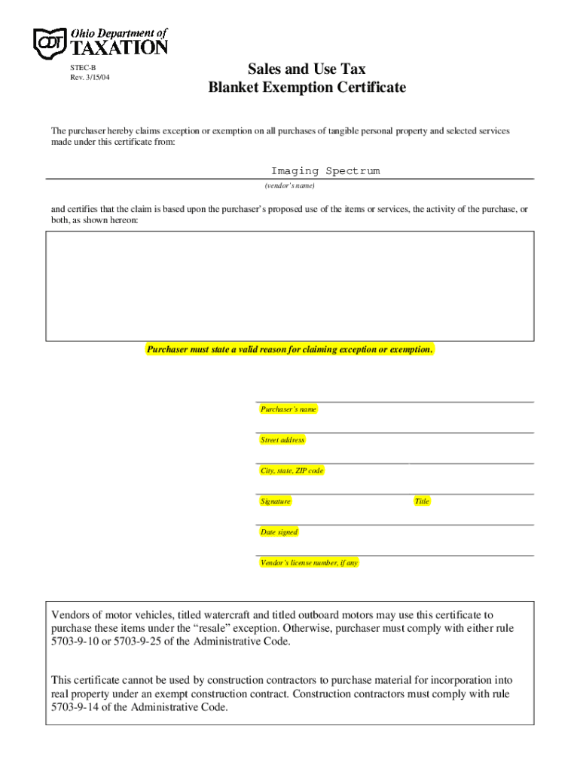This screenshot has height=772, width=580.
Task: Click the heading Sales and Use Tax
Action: pos(307,69)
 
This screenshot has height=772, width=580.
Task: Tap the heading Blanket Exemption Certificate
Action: pos(307,87)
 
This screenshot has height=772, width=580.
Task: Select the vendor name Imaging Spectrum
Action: pos(325,171)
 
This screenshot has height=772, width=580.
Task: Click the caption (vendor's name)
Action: pos(289,185)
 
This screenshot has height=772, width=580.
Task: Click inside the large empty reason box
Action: pos(290,286)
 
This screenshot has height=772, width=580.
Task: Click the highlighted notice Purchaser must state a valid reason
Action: pos(290,350)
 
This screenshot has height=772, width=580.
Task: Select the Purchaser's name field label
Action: pos(288,409)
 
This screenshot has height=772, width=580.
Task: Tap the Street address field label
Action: pos(282,440)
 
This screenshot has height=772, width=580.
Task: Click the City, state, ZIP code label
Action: pos(292,471)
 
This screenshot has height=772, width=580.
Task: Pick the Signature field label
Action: pos(276,501)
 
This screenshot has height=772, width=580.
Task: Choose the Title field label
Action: pos(422,501)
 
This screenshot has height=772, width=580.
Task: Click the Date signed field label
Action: pos(279,532)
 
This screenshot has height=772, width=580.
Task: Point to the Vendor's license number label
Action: pos(309,563)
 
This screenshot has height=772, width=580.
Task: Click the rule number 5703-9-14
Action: pos(77,708)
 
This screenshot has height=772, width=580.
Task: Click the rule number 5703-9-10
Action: pos(77,642)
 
